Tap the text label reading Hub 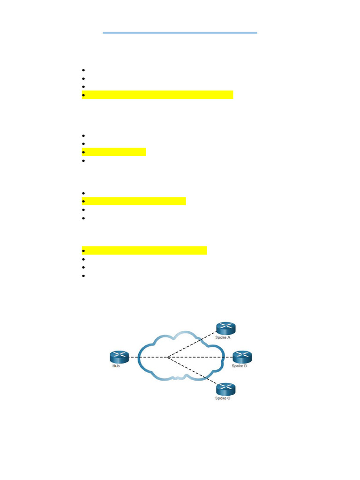click(x=116, y=366)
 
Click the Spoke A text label click(x=223, y=337)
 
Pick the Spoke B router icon click(x=242, y=357)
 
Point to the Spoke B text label click(x=239, y=366)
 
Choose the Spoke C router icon click(x=225, y=389)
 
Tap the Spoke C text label click(x=223, y=398)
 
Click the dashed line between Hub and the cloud click(x=134, y=357)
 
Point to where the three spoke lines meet click(x=167, y=357)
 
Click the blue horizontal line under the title click(x=180, y=33)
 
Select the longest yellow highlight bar click(x=157, y=95)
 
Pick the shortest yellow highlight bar click(x=114, y=152)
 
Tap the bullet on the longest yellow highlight click(x=83, y=95)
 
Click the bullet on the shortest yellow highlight click(x=83, y=152)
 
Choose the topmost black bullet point click(x=83, y=70)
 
